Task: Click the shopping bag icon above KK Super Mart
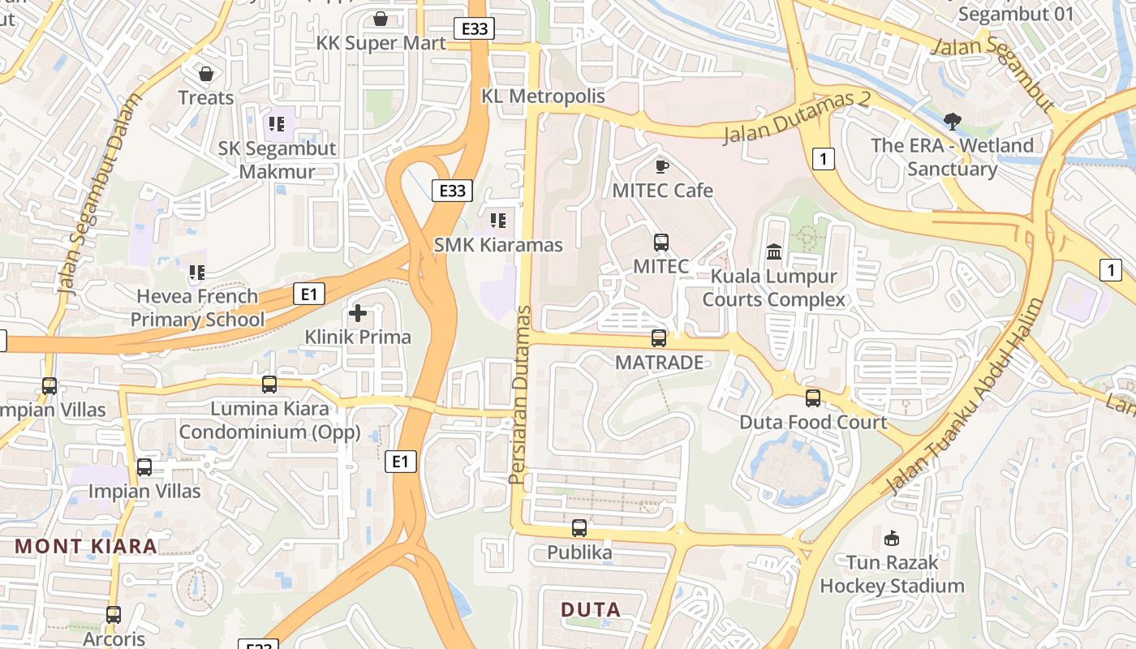click(x=381, y=18)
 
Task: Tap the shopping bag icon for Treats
click(x=206, y=74)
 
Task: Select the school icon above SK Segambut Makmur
click(x=277, y=124)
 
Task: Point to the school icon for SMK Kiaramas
click(x=498, y=220)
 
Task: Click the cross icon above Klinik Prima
click(x=358, y=312)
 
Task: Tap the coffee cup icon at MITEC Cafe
click(x=662, y=166)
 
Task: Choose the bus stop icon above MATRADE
click(x=659, y=338)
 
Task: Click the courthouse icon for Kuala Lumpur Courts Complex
click(x=773, y=252)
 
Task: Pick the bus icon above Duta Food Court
click(x=813, y=398)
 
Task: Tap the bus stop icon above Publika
click(x=579, y=528)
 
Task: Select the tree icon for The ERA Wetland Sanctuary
click(x=953, y=122)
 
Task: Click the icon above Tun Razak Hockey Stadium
click(x=892, y=538)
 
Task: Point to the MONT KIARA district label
click(x=87, y=546)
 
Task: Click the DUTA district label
click(x=591, y=609)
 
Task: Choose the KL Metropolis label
click(x=544, y=96)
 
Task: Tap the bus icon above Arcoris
click(x=114, y=615)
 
